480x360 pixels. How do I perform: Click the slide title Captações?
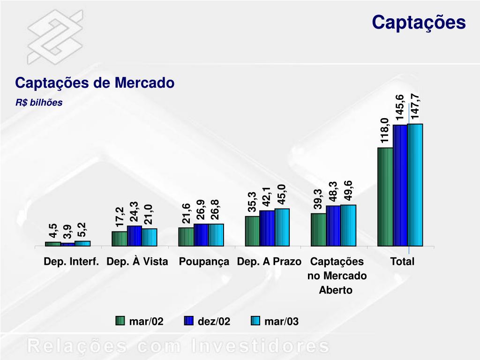click(x=419, y=22)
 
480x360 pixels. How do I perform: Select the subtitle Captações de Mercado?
click(x=95, y=83)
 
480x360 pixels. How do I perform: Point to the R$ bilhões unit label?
click(x=39, y=103)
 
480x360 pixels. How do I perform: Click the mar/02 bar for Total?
click(x=385, y=196)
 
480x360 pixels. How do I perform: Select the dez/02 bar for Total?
click(x=400, y=185)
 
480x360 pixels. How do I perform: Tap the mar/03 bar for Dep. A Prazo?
click(x=282, y=227)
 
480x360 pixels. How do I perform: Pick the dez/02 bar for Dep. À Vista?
click(x=135, y=236)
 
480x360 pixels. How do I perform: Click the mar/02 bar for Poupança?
click(x=186, y=237)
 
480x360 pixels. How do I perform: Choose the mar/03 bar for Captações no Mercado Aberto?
click(x=348, y=225)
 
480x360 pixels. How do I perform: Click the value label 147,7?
click(x=415, y=106)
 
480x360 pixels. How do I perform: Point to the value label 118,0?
click(x=385, y=131)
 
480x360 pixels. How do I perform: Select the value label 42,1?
click(x=267, y=196)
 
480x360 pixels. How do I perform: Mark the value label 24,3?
click(x=135, y=212)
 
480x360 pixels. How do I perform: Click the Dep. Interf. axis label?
click(x=71, y=262)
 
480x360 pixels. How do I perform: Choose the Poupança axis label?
click(x=204, y=262)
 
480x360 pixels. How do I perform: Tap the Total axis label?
click(x=403, y=262)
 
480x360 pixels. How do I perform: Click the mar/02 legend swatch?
click(x=120, y=321)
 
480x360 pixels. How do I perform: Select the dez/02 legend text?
click(x=214, y=322)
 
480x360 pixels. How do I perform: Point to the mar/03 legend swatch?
click(x=255, y=321)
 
